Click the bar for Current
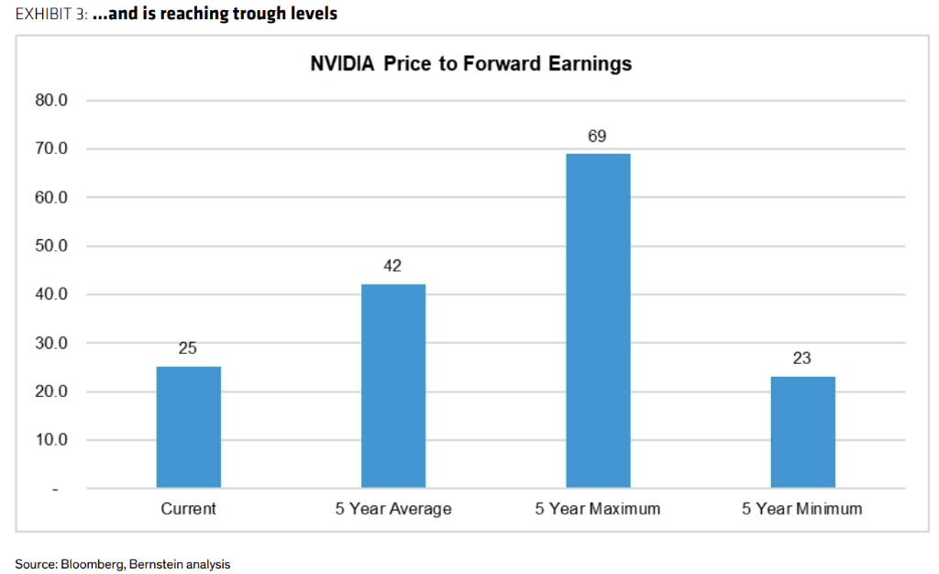[188, 426]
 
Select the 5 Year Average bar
[392, 385]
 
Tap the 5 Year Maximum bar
[598, 320]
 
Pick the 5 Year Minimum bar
[802, 431]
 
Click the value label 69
[598, 137]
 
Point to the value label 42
[392, 266]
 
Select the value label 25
[188, 348]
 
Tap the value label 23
[802, 359]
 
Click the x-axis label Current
[188, 509]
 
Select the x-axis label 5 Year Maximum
[598, 509]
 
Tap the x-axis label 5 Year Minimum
[802, 509]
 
